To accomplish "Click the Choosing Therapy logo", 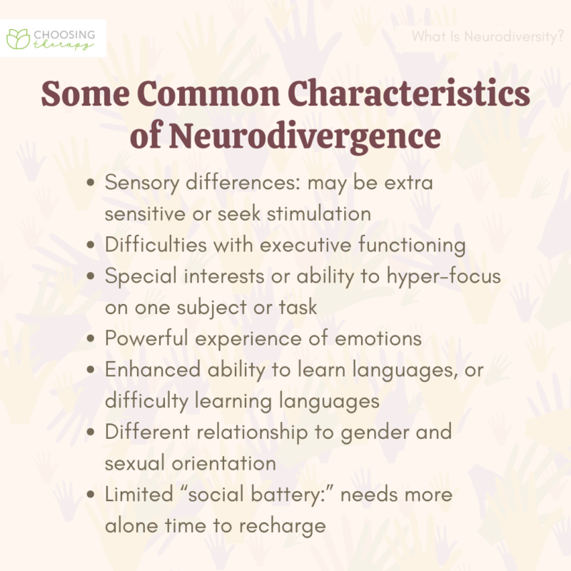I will point(54,38).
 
